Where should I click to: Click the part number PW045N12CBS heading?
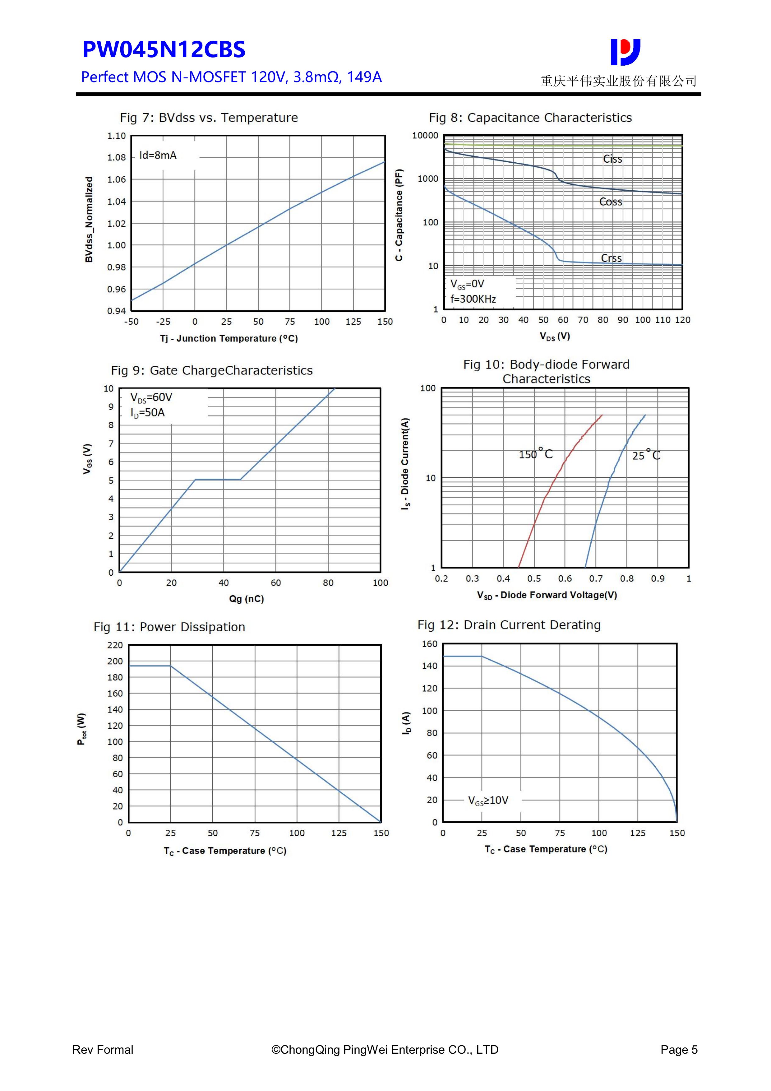[x=164, y=49]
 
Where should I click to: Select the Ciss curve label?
[x=612, y=159]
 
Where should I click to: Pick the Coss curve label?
[x=611, y=202]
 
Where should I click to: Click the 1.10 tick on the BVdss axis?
[x=116, y=136]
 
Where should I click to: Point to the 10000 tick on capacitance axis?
[x=425, y=135]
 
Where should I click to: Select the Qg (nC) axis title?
[x=246, y=599]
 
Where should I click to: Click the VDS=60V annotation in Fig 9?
[x=151, y=397]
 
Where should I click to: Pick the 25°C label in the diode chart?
[x=646, y=455]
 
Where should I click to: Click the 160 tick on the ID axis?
[x=429, y=644]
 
